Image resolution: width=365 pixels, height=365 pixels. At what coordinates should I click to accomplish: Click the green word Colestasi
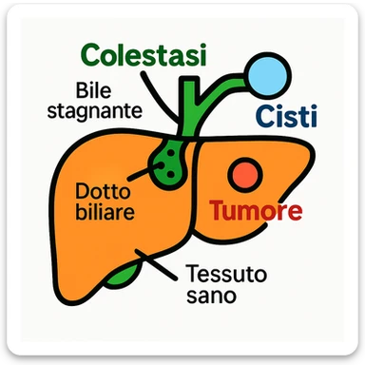[x=144, y=55]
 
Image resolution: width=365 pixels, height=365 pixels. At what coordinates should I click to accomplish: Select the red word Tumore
[x=256, y=210]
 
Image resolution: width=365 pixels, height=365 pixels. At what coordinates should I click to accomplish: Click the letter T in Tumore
[x=217, y=210]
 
